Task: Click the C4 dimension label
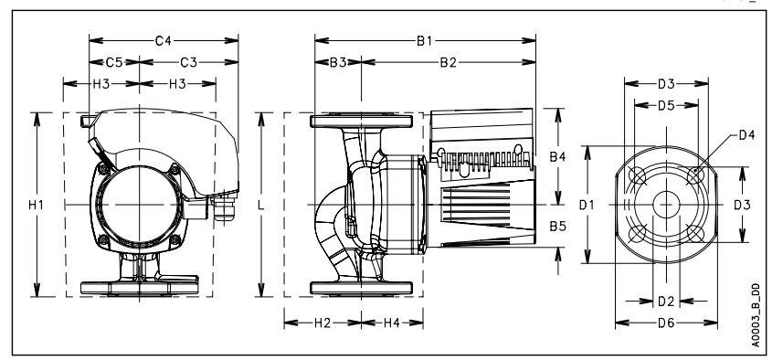click(164, 40)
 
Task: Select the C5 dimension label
click(114, 62)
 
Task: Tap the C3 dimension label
click(189, 62)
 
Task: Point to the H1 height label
click(36, 205)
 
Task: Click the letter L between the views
click(260, 205)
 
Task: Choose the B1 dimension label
click(425, 40)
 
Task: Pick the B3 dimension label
click(338, 62)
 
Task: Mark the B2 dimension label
click(448, 62)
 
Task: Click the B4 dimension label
click(558, 157)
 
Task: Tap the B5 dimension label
click(558, 227)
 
